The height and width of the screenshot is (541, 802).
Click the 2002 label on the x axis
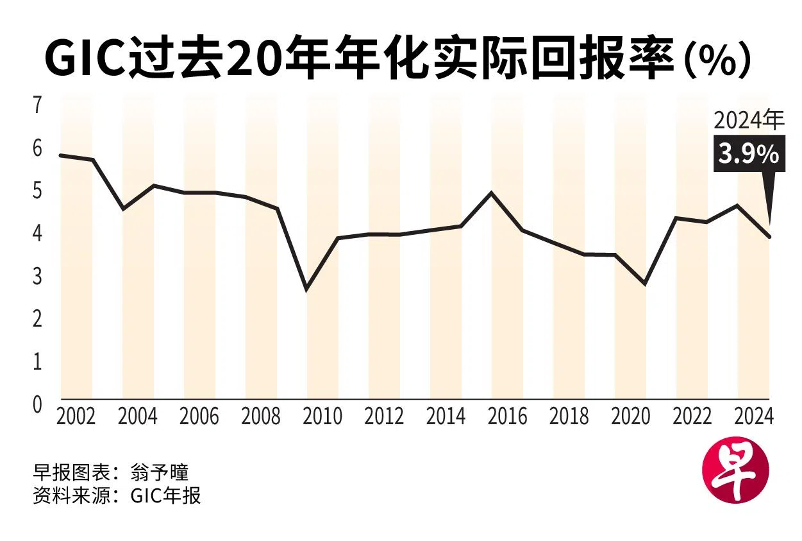pos(76,416)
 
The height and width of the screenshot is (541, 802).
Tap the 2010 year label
pos(322,416)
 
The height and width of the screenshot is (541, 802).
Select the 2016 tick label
pos(507,416)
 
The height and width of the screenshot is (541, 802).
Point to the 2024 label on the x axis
pos(754,416)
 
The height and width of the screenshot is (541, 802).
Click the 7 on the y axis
pos(37,105)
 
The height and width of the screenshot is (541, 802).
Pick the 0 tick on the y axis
pos(37,404)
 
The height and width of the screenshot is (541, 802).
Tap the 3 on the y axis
pos(37,276)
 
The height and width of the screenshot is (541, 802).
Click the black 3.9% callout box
pos(749,155)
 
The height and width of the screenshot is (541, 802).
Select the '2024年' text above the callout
pos(749,121)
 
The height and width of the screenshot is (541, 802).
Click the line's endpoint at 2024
pos(769,237)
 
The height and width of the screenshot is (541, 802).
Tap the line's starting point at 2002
pos(60,155)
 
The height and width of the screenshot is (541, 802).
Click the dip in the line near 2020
pos(644,284)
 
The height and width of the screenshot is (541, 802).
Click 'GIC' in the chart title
pos(85,59)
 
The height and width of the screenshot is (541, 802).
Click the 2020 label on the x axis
pos(631,416)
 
